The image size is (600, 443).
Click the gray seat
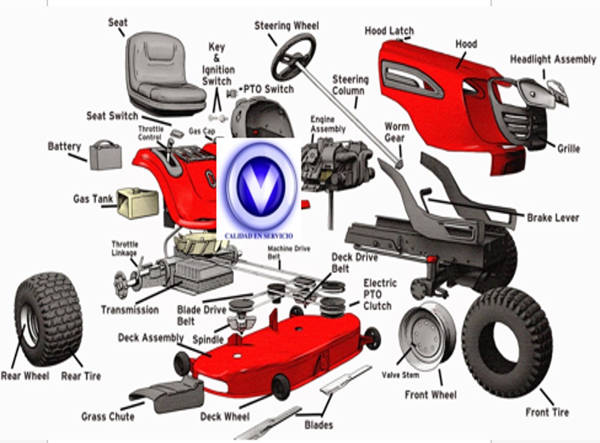162,73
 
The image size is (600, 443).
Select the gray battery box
105,155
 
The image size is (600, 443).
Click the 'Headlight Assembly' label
552,60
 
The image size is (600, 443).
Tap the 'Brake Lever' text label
552,218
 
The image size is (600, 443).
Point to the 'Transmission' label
129,310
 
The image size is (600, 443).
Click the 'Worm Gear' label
397,132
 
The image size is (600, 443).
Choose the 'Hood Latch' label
389,31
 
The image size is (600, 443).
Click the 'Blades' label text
319,425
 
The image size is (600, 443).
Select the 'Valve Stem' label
400,375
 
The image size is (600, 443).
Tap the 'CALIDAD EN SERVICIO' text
259,236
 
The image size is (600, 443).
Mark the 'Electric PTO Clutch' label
380,294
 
